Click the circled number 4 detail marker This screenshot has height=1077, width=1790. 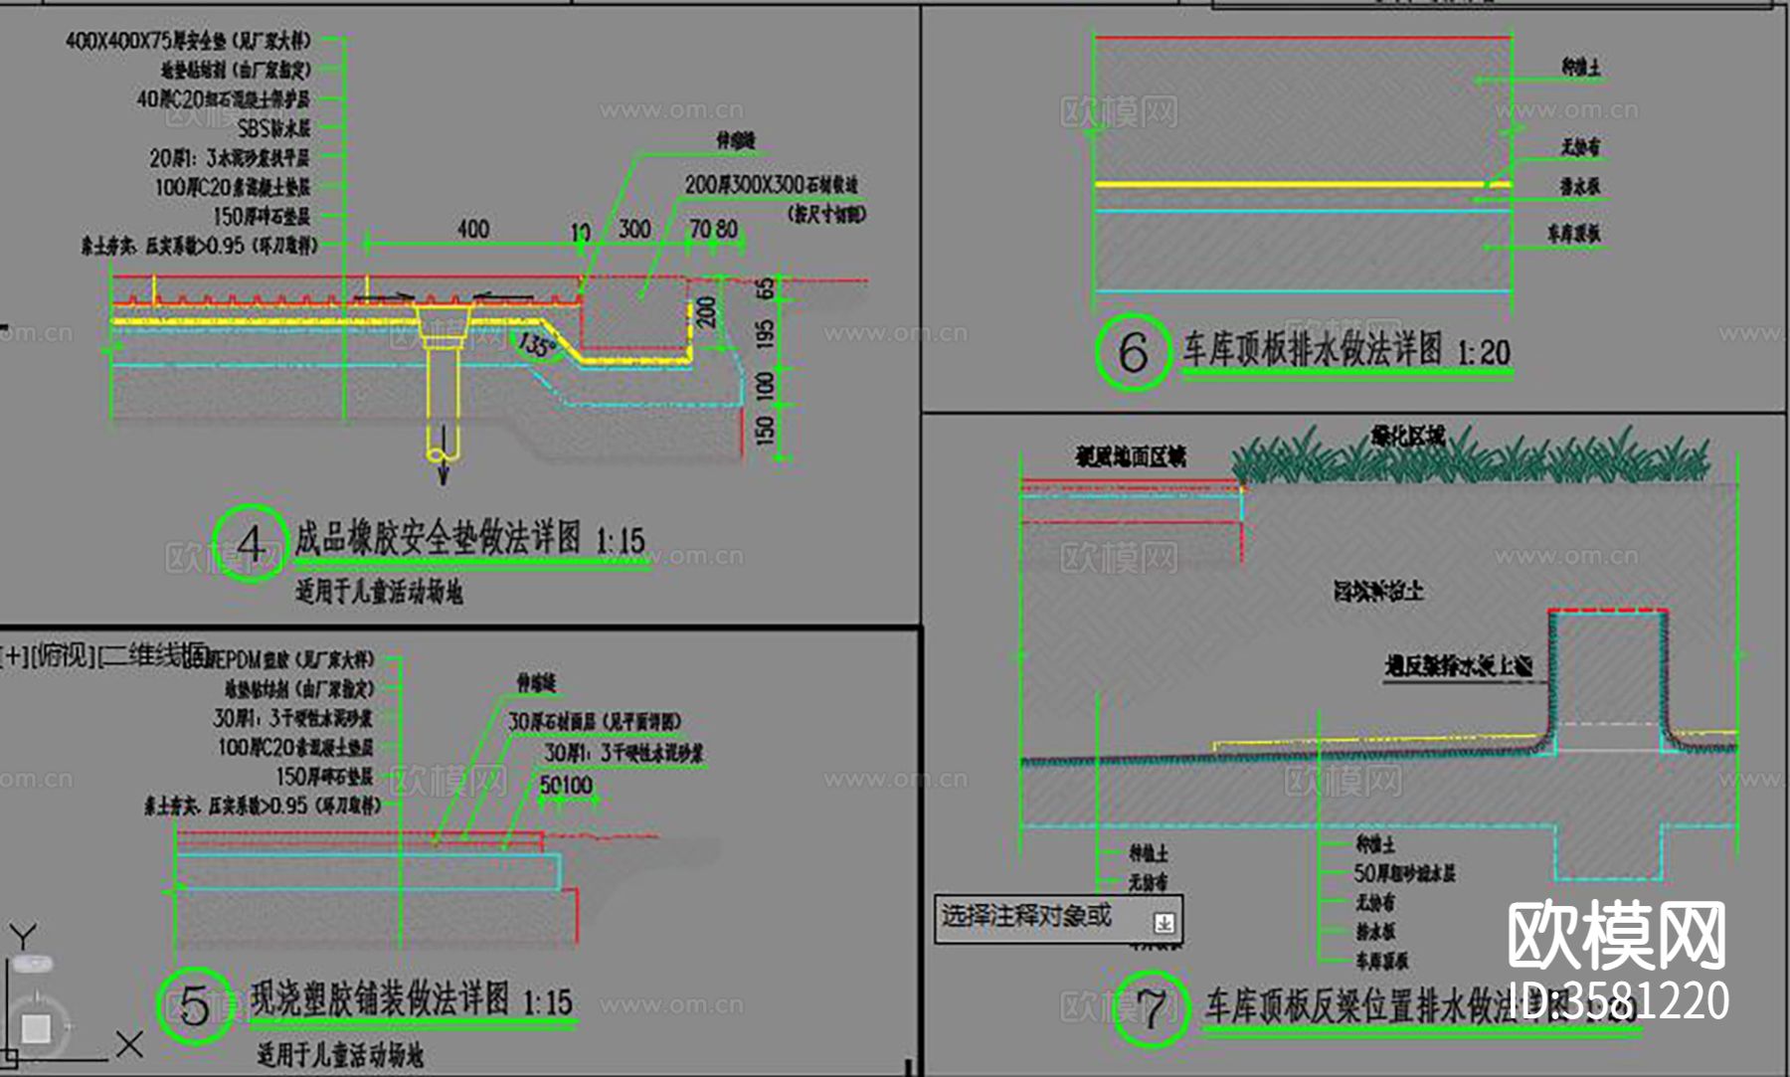pyautogui.click(x=250, y=543)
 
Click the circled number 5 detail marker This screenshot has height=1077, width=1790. pyautogui.click(x=194, y=1005)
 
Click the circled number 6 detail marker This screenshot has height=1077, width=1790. pyautogui.click(x=1133, y=352)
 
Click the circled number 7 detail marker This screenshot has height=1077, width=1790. pyautogui.click(x=1151, y=1008)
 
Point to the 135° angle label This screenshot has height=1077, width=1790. pyautogui.click(x=536, y=345)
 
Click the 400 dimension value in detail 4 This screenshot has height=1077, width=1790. pyautogui.click(x=473, y=229)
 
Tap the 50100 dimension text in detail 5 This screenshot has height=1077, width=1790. pyautogui.click(x=566, y=786)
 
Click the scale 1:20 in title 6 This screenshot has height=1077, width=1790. pyautogui.click(x=1483, y=352)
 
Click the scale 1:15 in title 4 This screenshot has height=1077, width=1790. pyautogui.click(x=621, y=541)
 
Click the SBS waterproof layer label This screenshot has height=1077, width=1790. pyautogui.click(x=273, y=128)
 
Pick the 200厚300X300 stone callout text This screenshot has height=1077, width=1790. pyautogui.click(x=771, y=185)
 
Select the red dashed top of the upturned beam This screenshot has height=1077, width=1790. pyautogui.click(x=1608, y=610)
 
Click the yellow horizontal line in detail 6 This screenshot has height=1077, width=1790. pyautogui.click(x=1293, y=184)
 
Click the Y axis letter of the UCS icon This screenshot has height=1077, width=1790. pyautogui.click(x=23, y=936)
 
